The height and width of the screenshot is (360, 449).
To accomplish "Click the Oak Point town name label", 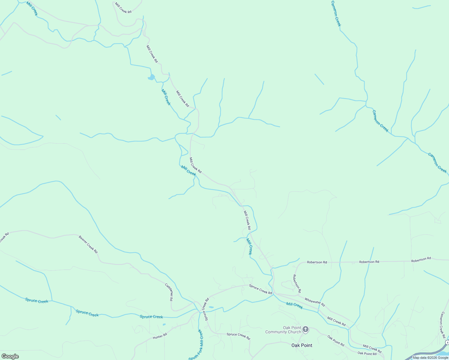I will pyautogui.click(x=302, y=345).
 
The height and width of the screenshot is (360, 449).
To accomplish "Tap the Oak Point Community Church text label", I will pyautogui.click(x=283, y=330).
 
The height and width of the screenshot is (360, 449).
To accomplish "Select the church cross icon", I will pyautogui.click(x=306, y=330).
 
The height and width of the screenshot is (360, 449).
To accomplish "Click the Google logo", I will pyautogui.click(x=10, y=356).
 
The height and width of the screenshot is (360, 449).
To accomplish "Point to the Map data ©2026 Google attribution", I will pyautogui.click(x=430, y=358).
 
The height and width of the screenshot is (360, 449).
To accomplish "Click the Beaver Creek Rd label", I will pyautogui.click(x=88, y=244).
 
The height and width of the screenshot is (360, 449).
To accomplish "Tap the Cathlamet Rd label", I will pyautogui.click(x=169, y=292).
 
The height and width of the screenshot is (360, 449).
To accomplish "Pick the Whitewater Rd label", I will pyautogui.click(x=315, y=302).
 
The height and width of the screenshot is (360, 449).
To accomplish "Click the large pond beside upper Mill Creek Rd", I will pyautogui.click(x=152, y=77).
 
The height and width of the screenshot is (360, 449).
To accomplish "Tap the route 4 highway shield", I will pyautogui.click(x=447, y=343).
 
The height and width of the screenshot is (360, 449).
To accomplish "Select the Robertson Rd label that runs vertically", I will pyautogui.click(x=297, y=283).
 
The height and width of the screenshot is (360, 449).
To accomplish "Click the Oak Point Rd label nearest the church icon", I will pyautogui.click(x=336, y=341).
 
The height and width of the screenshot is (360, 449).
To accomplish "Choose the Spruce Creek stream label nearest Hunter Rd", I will pyautogui.click(x=151, y=317).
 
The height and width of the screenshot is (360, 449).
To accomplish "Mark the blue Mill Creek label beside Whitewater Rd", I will pyautogui.click(x=294, y=305).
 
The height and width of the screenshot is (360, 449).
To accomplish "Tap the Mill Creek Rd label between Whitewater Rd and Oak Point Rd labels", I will pyautogui.click(x=336, y=322).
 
